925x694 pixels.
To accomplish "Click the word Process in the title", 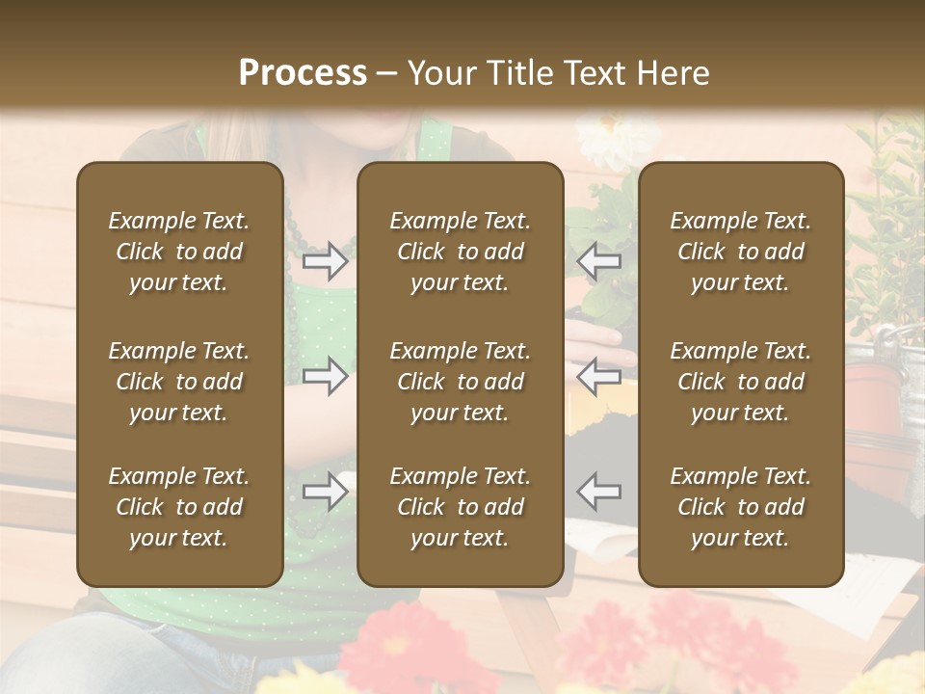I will point(303,73).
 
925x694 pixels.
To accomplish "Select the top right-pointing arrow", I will point(325,261).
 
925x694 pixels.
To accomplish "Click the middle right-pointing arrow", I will point(325,376).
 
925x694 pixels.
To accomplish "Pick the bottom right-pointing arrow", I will point(325,492).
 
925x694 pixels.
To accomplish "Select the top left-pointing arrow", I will point(599,261).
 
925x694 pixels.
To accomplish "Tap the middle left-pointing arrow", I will point(599,376).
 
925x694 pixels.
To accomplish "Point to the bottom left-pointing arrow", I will point(599,492).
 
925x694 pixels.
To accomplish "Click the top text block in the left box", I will point(179,252).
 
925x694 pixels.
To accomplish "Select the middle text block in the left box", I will point(179,382).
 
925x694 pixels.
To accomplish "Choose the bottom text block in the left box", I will point(179,507).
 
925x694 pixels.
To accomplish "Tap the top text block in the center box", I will point(460,252).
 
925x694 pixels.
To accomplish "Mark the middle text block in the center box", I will point(460,382).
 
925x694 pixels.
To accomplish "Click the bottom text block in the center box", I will point(460,507).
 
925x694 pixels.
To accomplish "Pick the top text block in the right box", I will point(740,252).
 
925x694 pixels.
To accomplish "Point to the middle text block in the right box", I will point(740,382).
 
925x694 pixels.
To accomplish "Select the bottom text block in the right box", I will point(740,507).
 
